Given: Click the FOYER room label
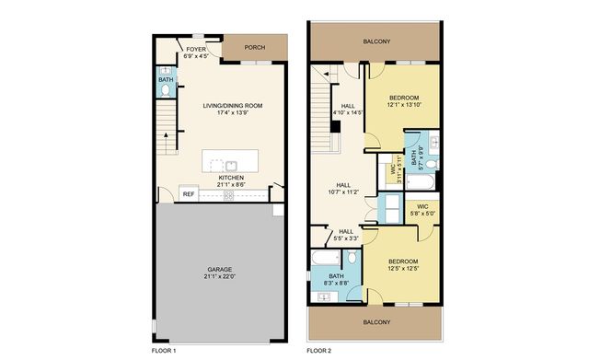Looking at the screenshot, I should click(x=195, y=49).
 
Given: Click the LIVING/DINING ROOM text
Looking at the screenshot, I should click(x=233, y=106).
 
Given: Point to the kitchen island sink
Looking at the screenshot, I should click(x=217, y=165).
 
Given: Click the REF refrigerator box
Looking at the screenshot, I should click(x=188, y=194).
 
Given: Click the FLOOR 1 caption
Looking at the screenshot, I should click(x=163, y=351).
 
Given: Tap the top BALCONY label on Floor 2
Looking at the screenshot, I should click(x=376, y=41).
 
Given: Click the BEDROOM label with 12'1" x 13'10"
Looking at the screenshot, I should click(x=404, y=99).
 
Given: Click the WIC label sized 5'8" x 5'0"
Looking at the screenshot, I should click(x=422, y=206).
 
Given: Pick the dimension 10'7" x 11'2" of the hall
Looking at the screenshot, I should click(x=342, y=192).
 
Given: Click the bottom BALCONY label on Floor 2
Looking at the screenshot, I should click(x=375, y=322).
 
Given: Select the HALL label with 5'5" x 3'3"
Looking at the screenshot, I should click(x=345, y=232).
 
